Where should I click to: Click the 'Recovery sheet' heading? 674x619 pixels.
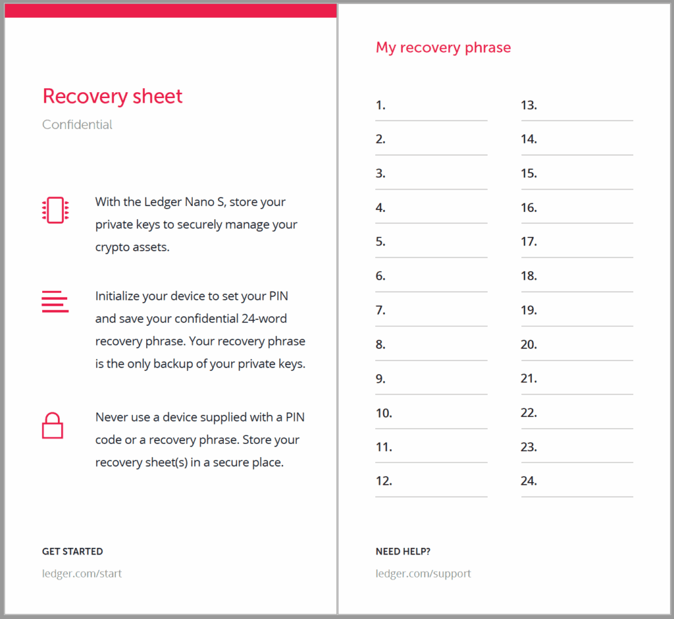coord(113,97)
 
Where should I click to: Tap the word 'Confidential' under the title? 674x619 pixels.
coord(77,124)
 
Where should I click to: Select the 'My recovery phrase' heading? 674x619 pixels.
coord(443,47)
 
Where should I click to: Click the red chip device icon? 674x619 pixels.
coord(55,210)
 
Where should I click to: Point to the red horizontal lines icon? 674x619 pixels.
coord(55,301)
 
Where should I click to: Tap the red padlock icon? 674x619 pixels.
coord(53,426)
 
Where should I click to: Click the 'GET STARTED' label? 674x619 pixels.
coord(72,551)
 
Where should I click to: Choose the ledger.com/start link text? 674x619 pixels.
coord(82,573)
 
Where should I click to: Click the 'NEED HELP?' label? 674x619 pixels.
coord(403,551)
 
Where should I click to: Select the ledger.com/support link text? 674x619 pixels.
coord(423,573)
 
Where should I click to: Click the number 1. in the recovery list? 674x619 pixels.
coord(380,105)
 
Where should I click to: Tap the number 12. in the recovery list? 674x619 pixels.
coord(384,481)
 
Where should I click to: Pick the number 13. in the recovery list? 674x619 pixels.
coord(529,105)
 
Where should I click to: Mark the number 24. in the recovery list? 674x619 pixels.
coord(529,481)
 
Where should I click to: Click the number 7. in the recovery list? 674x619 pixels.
coord(380,310)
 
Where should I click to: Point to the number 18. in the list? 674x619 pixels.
coord(529,276)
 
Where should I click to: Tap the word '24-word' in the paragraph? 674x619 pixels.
coord(265,318)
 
